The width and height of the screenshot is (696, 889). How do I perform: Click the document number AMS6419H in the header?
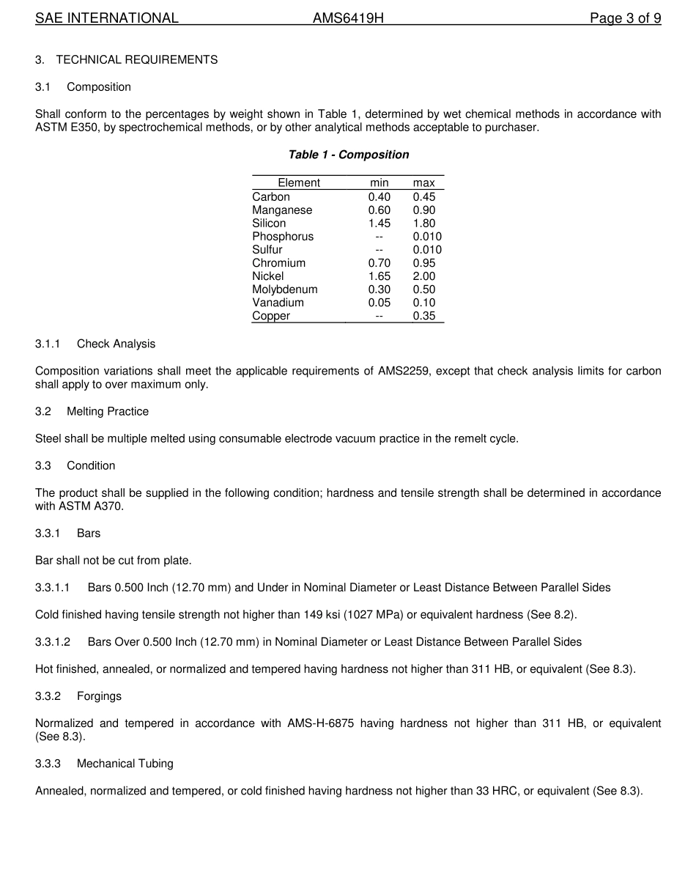[348, 18]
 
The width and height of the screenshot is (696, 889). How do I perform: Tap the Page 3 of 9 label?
[625, 18]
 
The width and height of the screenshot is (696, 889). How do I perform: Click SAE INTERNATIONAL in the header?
[107, 18]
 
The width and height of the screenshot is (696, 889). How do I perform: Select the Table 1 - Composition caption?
[348, 155]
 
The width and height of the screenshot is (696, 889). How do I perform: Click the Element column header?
[299, 183]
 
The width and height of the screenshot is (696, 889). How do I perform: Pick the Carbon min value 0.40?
[379, 197]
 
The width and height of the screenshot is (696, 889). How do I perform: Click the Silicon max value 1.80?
[423, 224]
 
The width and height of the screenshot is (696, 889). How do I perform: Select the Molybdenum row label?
[284, 289]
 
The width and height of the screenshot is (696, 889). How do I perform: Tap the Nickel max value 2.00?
[423, 276]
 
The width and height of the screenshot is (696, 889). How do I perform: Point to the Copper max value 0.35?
[423, 316]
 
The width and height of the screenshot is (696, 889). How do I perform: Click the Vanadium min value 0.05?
[379, 303]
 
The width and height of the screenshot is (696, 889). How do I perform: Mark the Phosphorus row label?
[282, 237]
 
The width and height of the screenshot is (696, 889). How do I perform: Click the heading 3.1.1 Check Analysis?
[95, 344]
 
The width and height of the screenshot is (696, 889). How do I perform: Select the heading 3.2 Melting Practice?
[92, 411]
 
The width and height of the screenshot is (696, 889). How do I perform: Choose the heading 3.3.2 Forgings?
[78, 696]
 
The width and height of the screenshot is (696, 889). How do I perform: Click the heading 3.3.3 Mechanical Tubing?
[104, 763]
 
